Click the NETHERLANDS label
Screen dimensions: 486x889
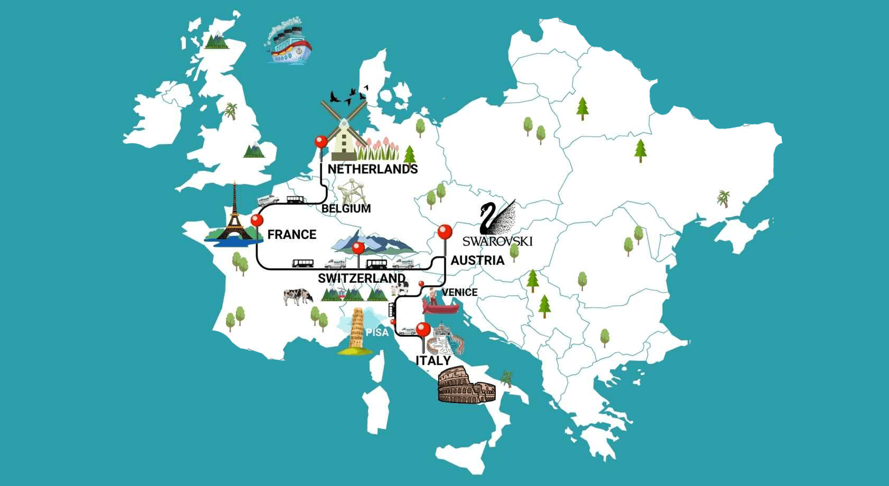372,169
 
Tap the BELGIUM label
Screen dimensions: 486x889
346,209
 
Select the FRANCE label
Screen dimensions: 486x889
292,235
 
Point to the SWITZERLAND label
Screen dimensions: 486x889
361,278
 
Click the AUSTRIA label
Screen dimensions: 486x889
477,261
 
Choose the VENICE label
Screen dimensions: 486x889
459,293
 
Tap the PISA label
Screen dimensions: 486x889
377,333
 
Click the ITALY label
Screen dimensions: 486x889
433,361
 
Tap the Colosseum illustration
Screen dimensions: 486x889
465,386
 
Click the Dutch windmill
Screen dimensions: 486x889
344,130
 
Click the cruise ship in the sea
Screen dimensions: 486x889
290,44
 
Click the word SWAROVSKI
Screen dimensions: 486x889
497,241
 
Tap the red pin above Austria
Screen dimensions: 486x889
445,231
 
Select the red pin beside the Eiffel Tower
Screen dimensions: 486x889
257,220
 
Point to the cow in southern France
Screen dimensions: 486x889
298,296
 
